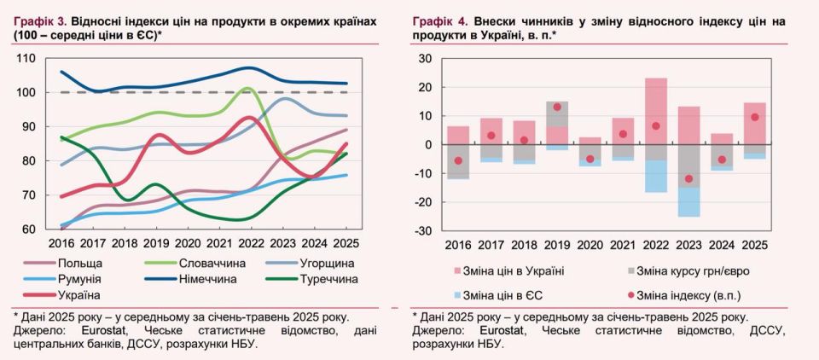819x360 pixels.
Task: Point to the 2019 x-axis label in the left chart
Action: click(155, 243)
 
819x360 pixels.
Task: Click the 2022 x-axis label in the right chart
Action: click(655, 244)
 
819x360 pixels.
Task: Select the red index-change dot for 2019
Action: click(557, 107)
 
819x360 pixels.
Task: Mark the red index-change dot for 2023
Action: click(689, 179)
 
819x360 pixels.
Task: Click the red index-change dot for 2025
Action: click(754, 118)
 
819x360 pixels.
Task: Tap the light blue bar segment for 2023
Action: click(688, 202)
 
